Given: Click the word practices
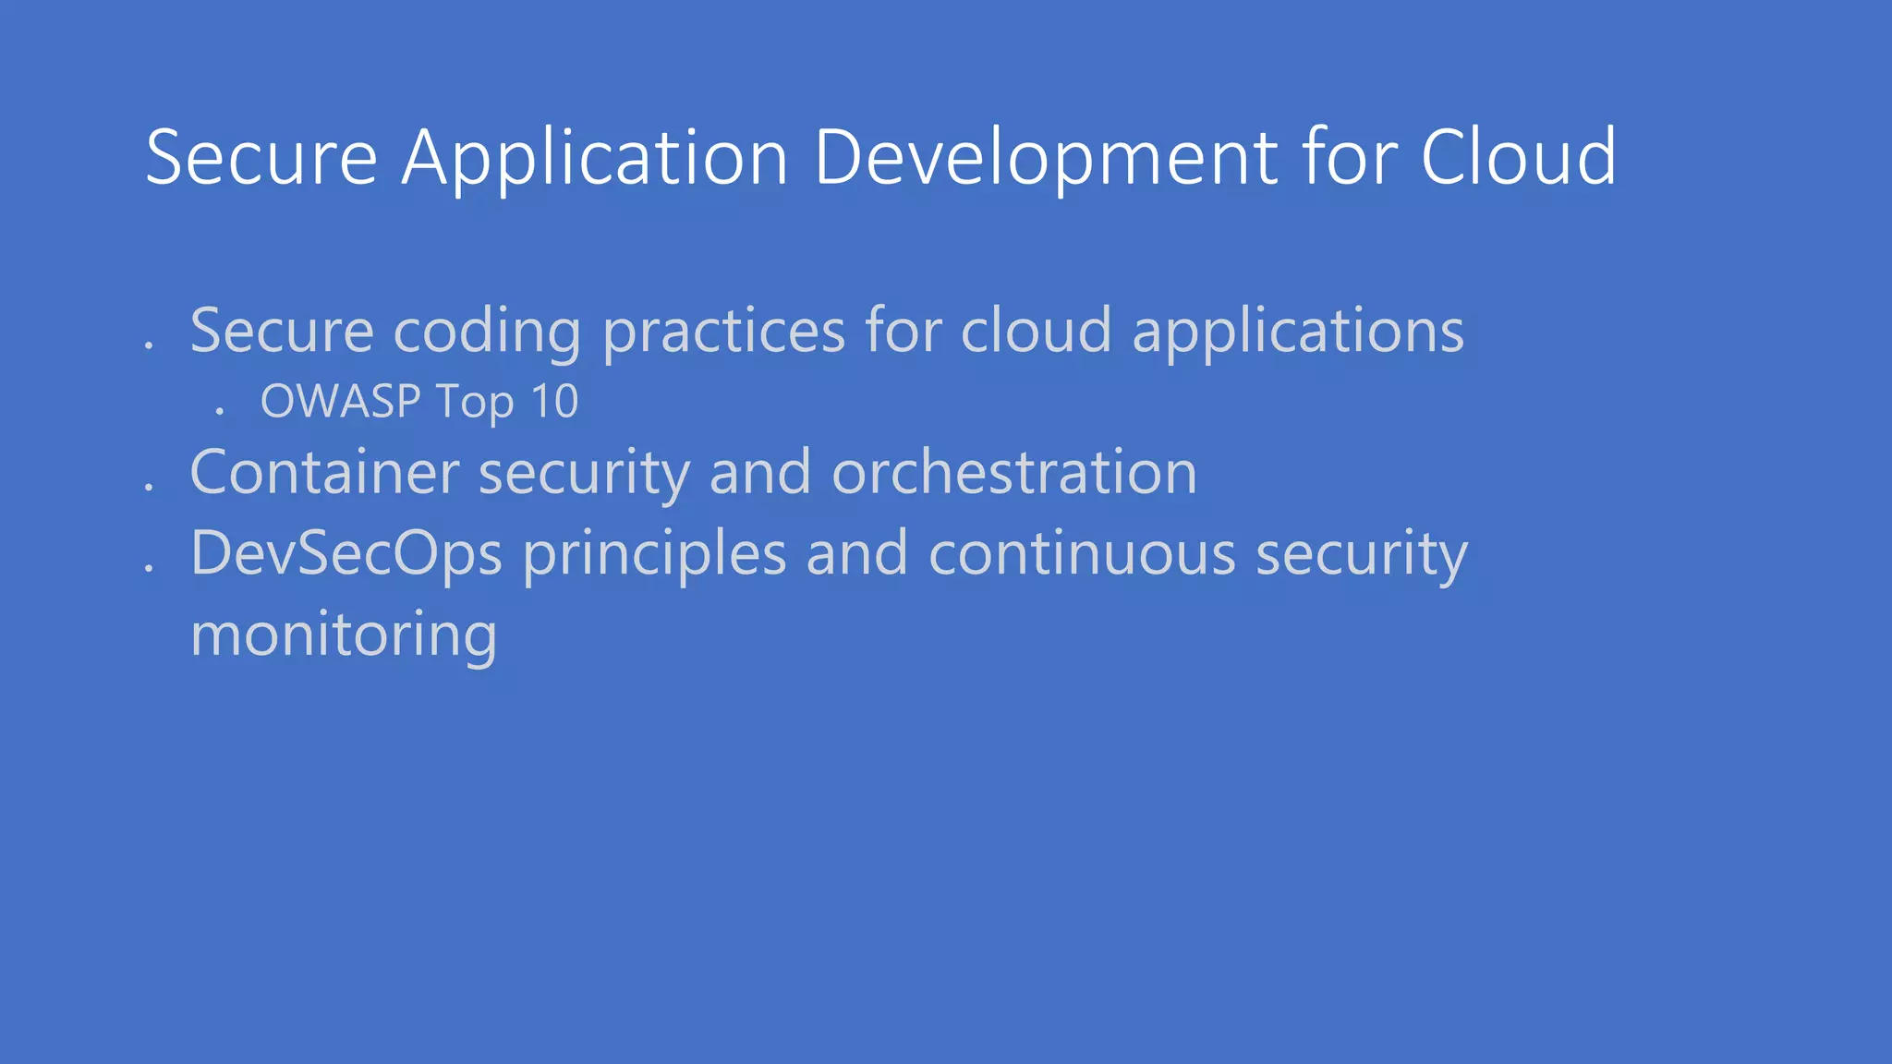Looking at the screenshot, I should point(723,331).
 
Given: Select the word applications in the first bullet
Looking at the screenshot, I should point(1298,331).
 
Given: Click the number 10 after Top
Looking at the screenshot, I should point(554,401).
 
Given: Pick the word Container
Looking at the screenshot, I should point(324,472).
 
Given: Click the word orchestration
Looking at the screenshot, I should point(1014,472).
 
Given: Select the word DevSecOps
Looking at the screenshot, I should point(346,553).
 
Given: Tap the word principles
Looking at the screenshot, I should point(654,553).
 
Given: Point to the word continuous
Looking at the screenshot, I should point(1082,553).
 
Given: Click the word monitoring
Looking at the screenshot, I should point(344,635).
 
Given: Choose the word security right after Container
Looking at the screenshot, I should point(584,472).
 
